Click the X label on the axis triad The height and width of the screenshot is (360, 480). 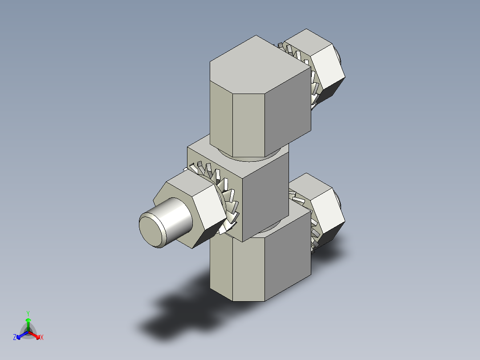pos(42,338)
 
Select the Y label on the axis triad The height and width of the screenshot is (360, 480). pos(28,313)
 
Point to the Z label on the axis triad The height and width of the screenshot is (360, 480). pos(15,338)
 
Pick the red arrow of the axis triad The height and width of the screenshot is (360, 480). pos(36,335)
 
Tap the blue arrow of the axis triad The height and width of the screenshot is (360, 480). pos(20,335)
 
